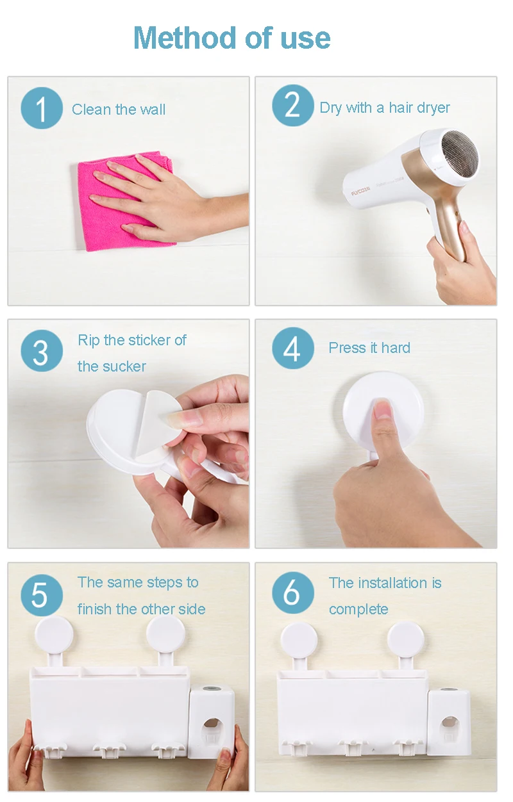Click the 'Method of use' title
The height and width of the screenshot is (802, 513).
(x=231, y=38)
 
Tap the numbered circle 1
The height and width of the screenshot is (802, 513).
(x=42, y=108)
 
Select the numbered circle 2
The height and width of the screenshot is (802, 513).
(x=293, y=105)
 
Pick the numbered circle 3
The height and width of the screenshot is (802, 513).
(x=42, y=350)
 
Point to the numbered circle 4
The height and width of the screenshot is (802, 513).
(x=293, y=348)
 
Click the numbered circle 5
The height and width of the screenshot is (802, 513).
(x=42, y=594)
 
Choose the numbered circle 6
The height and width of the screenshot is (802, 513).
(x=293, y=593)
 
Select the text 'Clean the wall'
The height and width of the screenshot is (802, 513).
(x=118, y=110)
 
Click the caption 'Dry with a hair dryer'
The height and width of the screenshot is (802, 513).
(x=385, y=108)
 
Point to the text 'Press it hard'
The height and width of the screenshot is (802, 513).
(x=369, y=348)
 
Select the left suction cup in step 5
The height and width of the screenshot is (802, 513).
(x=54, y=635)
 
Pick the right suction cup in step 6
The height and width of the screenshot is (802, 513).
(x=406, y=639)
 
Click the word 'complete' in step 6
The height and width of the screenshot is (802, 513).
(x=358, y=609)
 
